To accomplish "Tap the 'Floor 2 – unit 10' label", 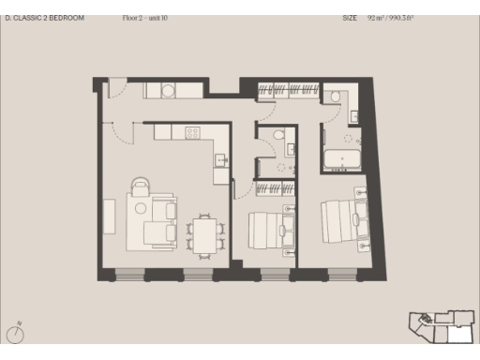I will [x=145, y=18].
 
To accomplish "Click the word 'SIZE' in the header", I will [x=350, y=18].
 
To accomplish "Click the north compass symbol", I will [x=17, y=333].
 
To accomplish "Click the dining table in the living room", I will [x=204, y=232].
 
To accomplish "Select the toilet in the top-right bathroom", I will [x=336, y=96].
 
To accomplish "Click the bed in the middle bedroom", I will [x=271, y=229].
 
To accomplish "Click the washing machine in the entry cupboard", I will [x=167, y=91].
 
